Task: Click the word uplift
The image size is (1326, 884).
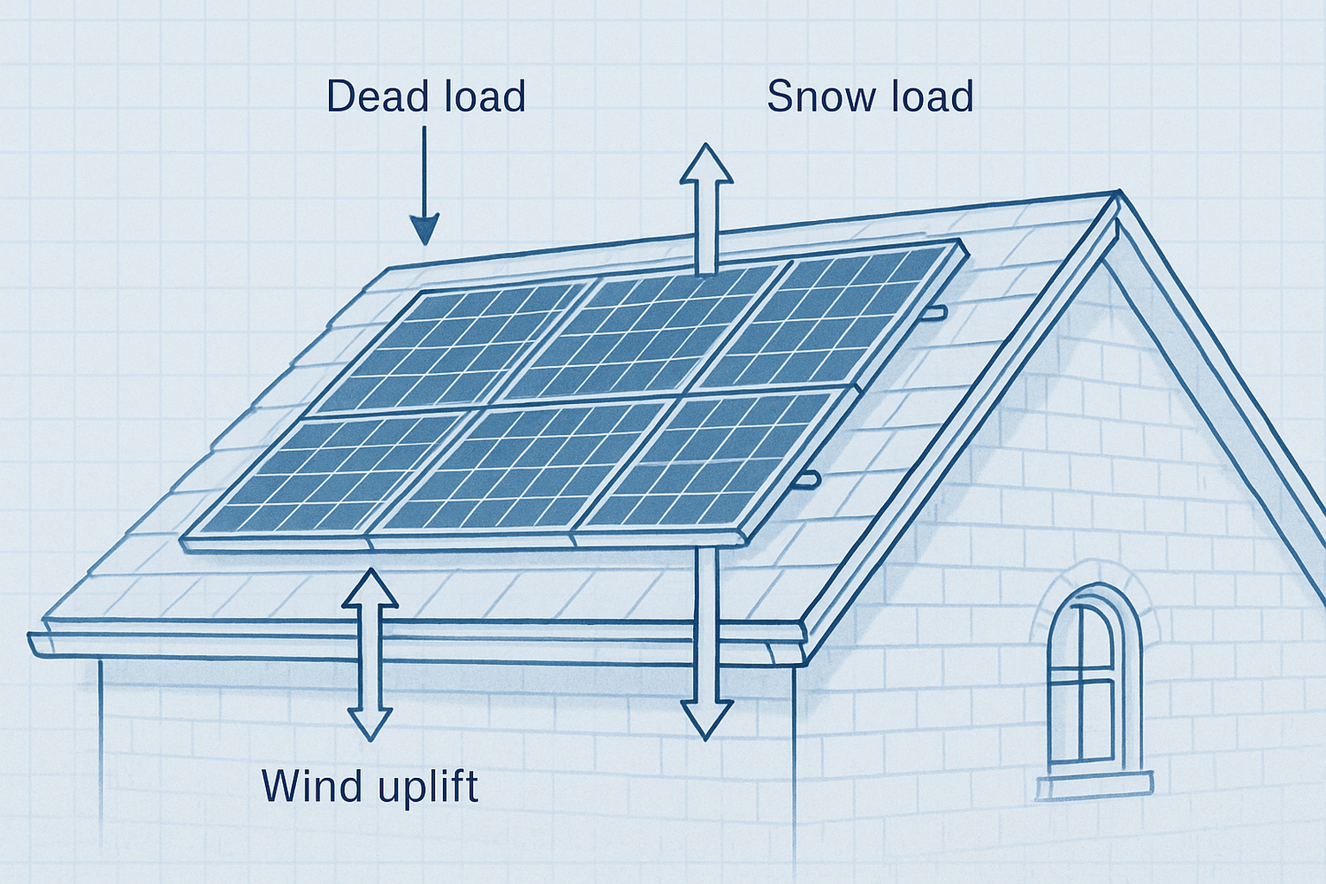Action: (x=429, y=788)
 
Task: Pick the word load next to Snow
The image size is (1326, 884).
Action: (x=932, y=96)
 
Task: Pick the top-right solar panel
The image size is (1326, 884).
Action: (x=827, y=313)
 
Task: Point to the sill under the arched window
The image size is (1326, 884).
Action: (x=1094, y=785)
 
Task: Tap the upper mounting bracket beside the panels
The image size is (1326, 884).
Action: (x=933, y=312)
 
